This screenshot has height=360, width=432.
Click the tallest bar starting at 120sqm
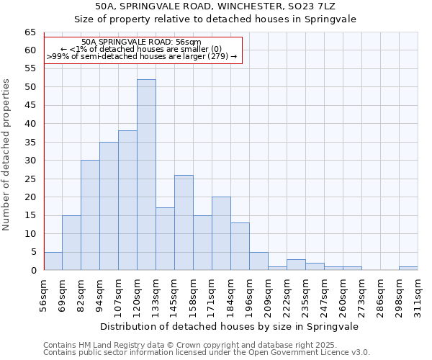tap(146, 175)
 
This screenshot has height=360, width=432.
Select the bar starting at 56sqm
tap(53, 261)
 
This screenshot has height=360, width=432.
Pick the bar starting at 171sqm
tap(221, 233)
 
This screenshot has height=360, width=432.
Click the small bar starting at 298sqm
tap(408, 269)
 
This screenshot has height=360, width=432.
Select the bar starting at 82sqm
tap(90, 215)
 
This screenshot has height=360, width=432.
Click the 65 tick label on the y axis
tap(30, 32)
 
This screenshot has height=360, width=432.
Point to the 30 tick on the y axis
tap(30, 161)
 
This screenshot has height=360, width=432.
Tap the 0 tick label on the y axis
tap(32, 271)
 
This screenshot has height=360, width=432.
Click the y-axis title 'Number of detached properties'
tap(7, 155)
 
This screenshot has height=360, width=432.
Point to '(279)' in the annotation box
tap(219, 56)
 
